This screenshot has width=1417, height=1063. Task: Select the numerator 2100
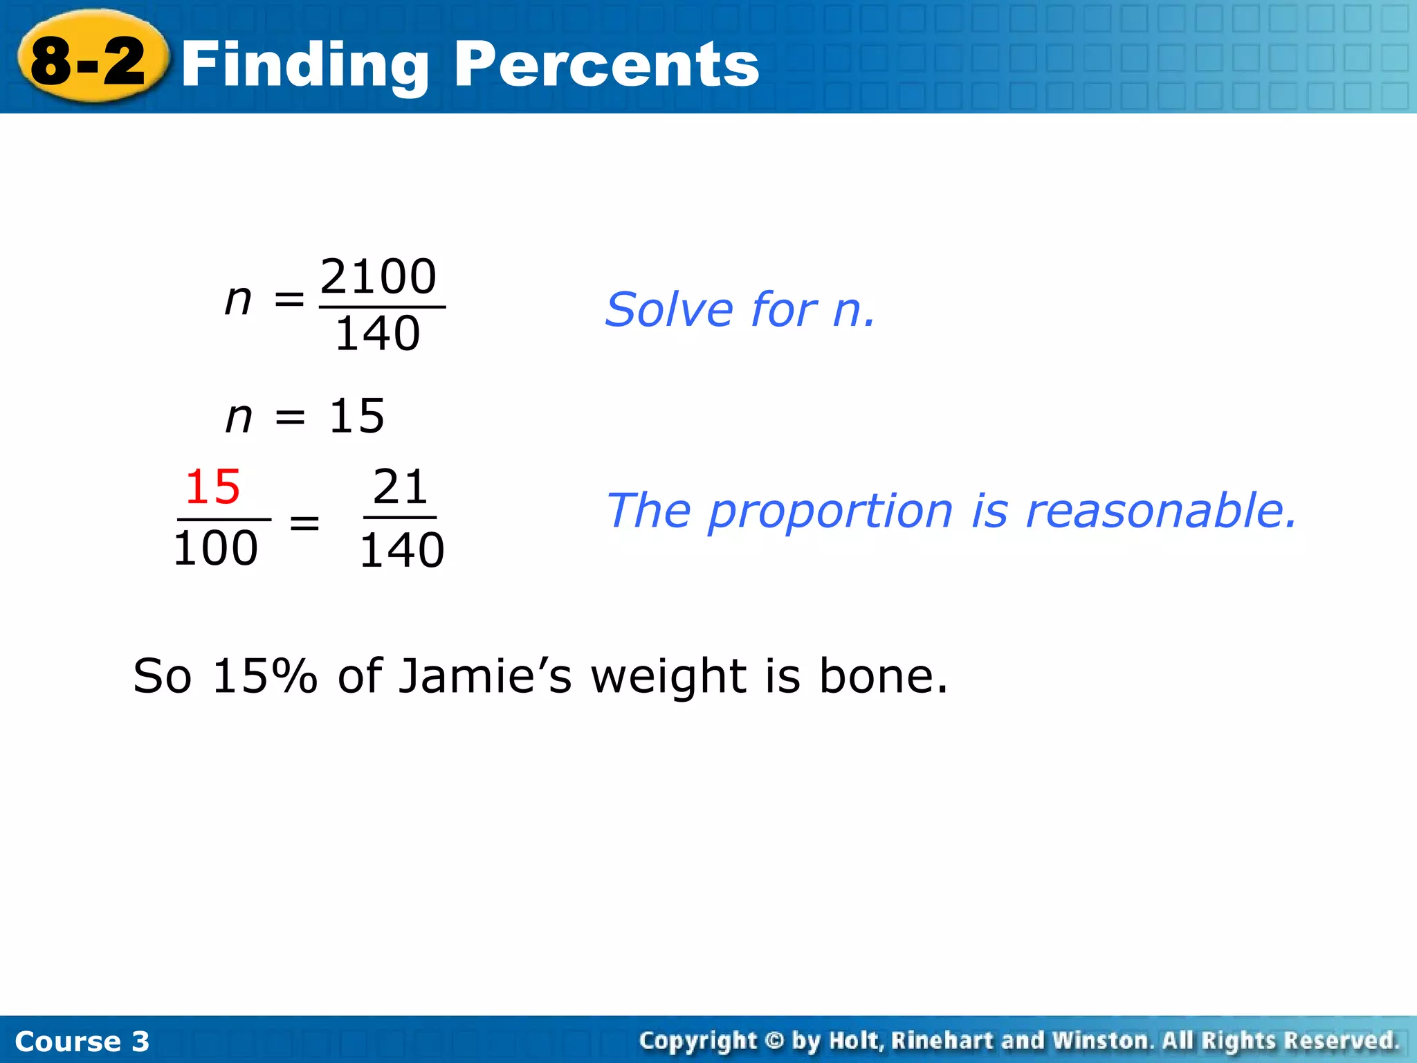(378, 277)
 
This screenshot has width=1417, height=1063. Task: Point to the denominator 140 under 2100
(378, 334)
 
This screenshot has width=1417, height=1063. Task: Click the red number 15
(212, 487)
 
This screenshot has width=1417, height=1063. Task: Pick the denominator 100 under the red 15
(215, 549)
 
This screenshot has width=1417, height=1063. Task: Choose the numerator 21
(401, 487)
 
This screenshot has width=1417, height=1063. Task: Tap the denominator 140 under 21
(401, 551)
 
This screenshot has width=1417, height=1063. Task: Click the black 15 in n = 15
(356, 416)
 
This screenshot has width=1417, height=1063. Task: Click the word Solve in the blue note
(668, 309)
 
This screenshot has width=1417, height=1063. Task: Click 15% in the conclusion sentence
(264, 676)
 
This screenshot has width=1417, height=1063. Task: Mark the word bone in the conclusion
(883, 676)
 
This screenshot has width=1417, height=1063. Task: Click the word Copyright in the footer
(698, 1041)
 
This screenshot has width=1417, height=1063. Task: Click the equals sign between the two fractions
(304, 523)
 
